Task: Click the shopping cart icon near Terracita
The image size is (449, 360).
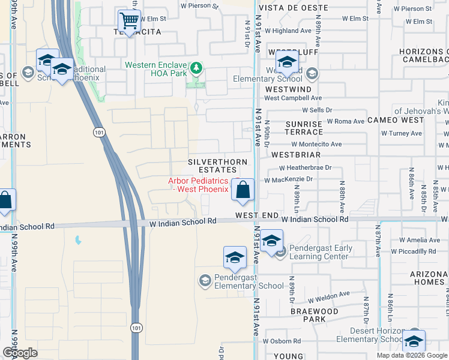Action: [129, 20]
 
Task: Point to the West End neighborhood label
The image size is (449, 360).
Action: [257, 215]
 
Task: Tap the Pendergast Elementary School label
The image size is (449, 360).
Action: [241, 286]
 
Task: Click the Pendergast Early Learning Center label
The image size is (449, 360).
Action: [319, 252]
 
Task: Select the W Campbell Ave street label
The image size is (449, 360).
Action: [293, 98]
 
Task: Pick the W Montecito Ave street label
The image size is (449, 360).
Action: [316, 144]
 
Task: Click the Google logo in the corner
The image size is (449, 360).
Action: [20, 353]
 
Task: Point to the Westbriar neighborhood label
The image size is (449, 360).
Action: [296, 154]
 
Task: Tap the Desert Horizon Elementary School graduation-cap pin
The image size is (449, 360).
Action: [413, 341]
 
